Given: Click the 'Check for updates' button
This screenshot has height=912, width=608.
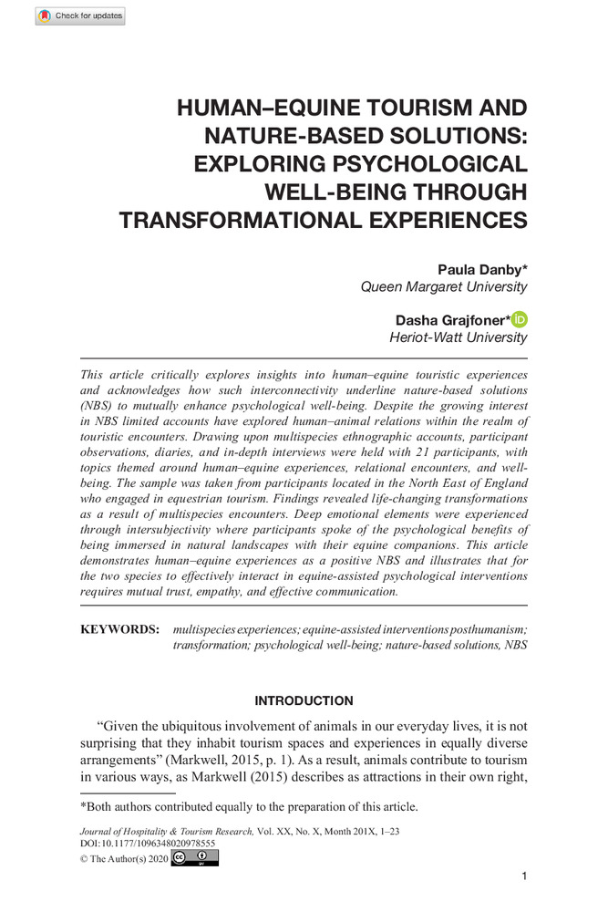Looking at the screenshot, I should coord(80,16).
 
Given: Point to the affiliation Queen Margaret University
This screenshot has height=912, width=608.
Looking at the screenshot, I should coord(444,287).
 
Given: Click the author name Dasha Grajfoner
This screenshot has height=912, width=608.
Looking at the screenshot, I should coord(451,320).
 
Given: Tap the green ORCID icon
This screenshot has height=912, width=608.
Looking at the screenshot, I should coord(520,319).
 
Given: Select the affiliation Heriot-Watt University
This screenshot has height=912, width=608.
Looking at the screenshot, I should coord(458,338).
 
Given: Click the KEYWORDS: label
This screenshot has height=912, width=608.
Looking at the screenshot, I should coord(119,630).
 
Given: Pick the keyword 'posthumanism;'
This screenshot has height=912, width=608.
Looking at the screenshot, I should coord(479,630).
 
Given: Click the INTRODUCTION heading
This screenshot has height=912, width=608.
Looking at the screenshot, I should coord(304,701).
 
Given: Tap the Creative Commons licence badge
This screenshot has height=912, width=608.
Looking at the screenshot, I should coord(194,858).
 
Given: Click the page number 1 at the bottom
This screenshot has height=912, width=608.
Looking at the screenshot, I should coord(523,876).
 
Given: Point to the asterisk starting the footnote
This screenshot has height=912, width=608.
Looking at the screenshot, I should coord(83,806).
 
